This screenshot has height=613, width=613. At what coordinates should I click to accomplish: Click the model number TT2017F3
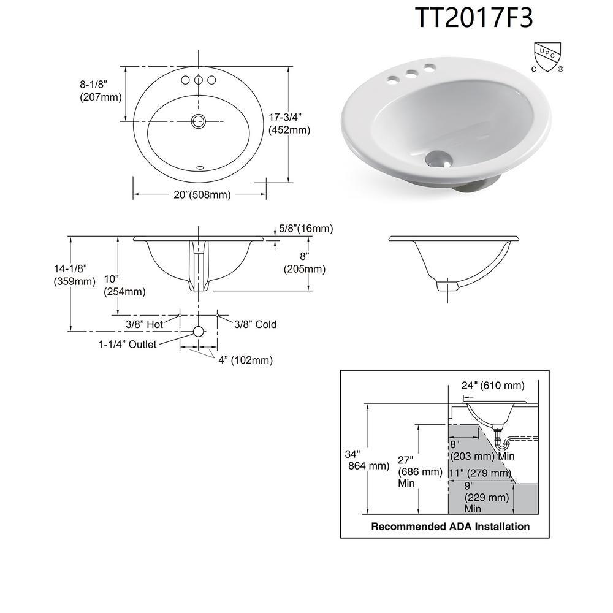474,18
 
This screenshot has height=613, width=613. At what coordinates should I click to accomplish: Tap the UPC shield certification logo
547,57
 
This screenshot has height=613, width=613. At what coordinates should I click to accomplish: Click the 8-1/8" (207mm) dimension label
101,91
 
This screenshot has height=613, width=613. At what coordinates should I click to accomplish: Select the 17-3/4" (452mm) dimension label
289,124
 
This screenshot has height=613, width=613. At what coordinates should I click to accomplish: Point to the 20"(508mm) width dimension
202,195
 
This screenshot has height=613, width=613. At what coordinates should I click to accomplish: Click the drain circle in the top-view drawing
199,121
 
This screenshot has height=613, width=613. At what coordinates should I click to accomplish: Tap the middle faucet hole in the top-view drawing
199,80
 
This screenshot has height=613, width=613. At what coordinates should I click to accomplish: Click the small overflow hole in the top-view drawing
200,168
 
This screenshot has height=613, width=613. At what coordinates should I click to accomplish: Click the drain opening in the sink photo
438,158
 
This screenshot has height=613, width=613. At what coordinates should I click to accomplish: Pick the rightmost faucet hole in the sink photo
429,68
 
